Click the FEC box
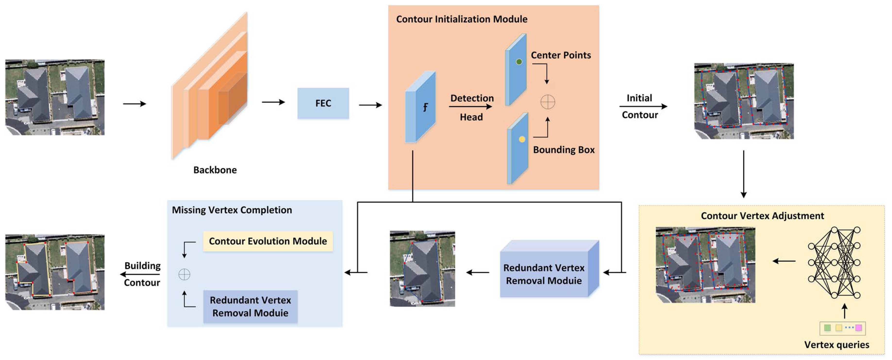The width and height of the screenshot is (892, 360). point(323,103)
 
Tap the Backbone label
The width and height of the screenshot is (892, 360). point(215,170)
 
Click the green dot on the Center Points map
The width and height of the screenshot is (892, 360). point(519,62)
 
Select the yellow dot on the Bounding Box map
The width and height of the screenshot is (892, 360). point(522,139)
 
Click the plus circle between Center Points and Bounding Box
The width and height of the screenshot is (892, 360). point(548,102)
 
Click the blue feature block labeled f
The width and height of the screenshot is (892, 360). point(420,107)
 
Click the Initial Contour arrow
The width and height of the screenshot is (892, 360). point(643,106)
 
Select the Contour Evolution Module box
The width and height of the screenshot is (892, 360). point(268,241)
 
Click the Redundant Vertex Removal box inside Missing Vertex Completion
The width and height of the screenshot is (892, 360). point(250,306)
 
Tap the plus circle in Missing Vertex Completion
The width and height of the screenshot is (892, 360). point(184,275)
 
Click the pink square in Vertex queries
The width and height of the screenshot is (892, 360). point(859,328)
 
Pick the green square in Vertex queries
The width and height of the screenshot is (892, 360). point(827,328)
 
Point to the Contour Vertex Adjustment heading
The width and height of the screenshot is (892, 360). point(762,216)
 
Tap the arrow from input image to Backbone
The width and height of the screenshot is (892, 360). point(134,104)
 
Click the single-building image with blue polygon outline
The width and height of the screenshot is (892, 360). point(422,269)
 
